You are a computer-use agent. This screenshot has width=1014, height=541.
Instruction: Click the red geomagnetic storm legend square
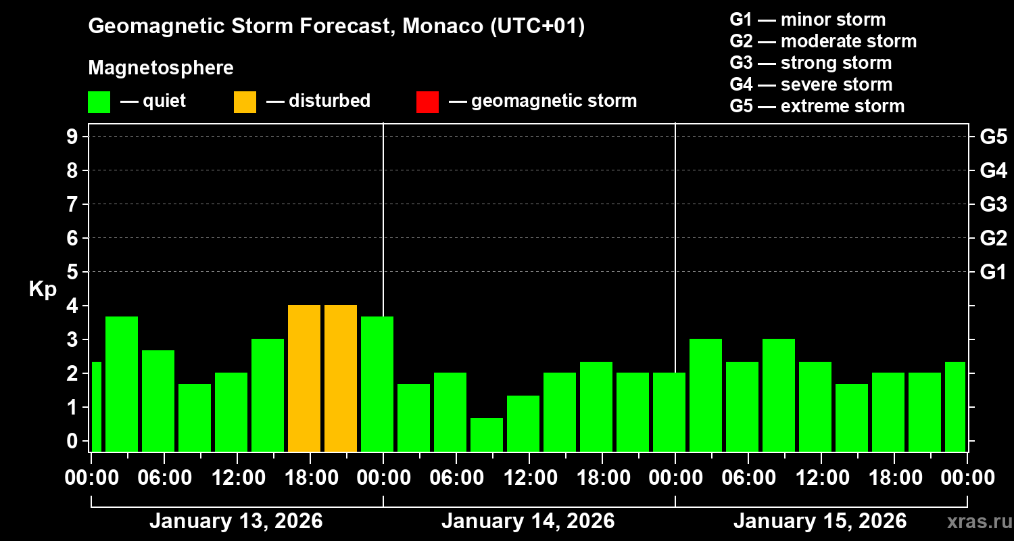pos(427,101)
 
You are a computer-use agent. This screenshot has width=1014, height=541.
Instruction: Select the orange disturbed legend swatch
pos(245,101)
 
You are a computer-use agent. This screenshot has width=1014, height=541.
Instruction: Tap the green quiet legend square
pos(99,101)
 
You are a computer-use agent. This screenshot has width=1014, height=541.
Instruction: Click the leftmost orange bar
pos(304,378)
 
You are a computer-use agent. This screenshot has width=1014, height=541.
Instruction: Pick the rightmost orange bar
pos(341,378)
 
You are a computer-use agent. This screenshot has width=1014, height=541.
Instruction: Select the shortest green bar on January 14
pos(487,434)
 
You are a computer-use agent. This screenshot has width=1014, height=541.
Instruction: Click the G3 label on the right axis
pos(993,204)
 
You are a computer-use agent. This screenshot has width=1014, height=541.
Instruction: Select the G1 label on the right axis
pos(993,272)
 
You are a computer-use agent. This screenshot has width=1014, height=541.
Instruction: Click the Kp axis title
pos(43,289)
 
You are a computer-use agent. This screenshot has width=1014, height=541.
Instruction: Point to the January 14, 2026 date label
pos(528,521)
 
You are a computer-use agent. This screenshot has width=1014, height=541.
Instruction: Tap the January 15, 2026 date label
pos(820,521)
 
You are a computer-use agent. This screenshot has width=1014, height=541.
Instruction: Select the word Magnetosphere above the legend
pos(161,68)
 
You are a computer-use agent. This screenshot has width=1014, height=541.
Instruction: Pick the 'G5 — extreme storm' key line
pos(817,106)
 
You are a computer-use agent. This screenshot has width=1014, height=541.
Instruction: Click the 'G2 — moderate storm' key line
pos(823,41)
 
